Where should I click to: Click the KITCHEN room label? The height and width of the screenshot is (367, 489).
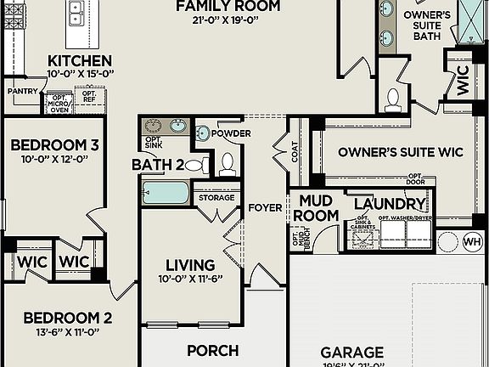pyautogui.click(x=79, y=61)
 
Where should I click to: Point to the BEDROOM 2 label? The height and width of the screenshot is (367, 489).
pyautogui.click(x=67, y=319)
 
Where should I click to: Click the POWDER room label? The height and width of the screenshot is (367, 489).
pyautogui.click(x=231, y=134)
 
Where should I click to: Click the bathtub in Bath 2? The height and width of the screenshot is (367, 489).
pyautogui.click(x=166, y=192)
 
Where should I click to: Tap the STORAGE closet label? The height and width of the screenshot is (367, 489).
pyautogui.click(x=216, y=198)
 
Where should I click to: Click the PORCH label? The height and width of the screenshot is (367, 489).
pyautogui.click(x=212, y=350)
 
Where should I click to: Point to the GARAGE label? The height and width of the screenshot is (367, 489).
pyautogui.click(x=351, y=351)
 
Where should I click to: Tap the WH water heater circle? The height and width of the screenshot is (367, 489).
pyautogui.click(x=472, y=242)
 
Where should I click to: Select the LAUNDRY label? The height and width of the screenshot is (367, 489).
pyautogui.click(x=389, y=205)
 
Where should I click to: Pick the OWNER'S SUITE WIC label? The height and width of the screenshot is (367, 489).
pyautogui.click(x=401, y=152)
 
